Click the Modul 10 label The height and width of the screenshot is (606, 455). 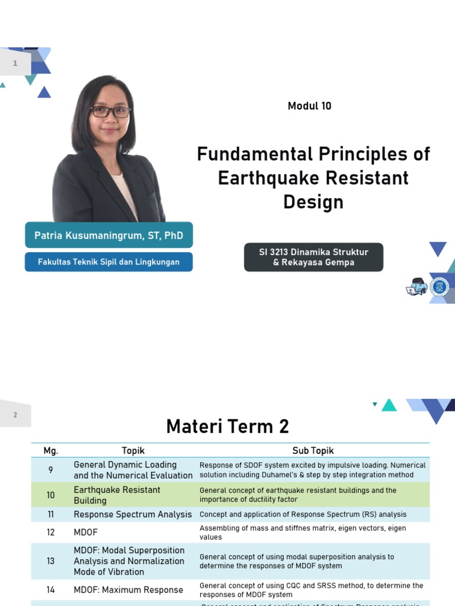pos(309,106)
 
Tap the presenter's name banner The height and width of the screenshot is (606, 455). pos(108,236)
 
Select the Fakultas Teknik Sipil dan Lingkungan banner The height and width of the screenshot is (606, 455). pos(108,262)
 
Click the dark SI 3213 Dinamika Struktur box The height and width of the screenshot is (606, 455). pos(313,257)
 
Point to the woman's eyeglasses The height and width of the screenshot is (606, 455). pos(110,111)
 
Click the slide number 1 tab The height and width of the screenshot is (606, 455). pos(15,63)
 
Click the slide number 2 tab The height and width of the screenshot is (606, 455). pos(15,415)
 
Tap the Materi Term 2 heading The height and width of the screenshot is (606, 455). pos(227,426)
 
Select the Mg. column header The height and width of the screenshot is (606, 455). pos(51,451)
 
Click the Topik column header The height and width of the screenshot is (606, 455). pos(133,451)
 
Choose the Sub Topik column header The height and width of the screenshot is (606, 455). pos(313,451)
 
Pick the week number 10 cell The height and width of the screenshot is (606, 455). pos(51,495)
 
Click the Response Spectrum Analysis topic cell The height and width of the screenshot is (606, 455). pos(133,514)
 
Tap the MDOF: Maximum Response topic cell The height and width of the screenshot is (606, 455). pos(129,589)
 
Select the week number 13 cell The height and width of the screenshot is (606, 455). pos(51,561)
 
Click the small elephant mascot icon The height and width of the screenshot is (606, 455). pos(416,287)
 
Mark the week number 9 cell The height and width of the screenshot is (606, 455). pos(51,470)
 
